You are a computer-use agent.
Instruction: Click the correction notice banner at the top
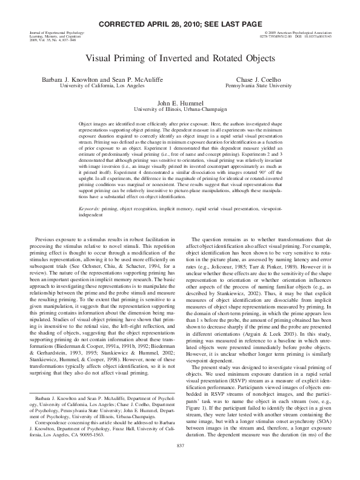point(180,22)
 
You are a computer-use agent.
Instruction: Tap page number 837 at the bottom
point(179,462)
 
